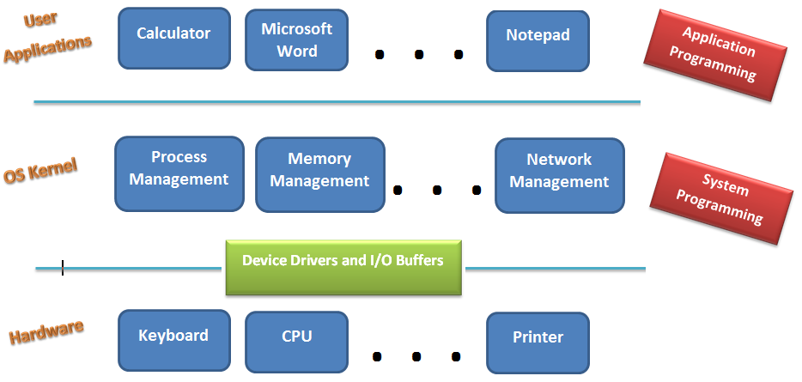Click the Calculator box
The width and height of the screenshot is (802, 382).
pos(173,39)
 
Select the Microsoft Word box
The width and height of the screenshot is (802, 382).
pos(296,40)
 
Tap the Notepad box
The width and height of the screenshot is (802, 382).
pos(538,40)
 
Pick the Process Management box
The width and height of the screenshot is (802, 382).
pos(179,173)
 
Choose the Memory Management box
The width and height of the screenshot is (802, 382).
pos(319,174)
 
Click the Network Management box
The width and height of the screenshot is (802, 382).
pos(559,176)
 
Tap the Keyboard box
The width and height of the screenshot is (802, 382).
pos(173,341)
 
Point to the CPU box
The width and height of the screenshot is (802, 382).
pos(296,341)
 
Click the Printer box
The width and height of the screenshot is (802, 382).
pos(538,342)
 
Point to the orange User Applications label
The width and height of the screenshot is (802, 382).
pos(46,39)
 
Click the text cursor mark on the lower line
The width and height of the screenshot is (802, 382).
pos(63,269)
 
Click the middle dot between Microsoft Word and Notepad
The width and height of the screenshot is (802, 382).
pos(419,55)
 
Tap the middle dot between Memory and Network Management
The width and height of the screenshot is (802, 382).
pos(437,191)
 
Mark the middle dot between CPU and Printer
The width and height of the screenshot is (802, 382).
pos(417,355)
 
